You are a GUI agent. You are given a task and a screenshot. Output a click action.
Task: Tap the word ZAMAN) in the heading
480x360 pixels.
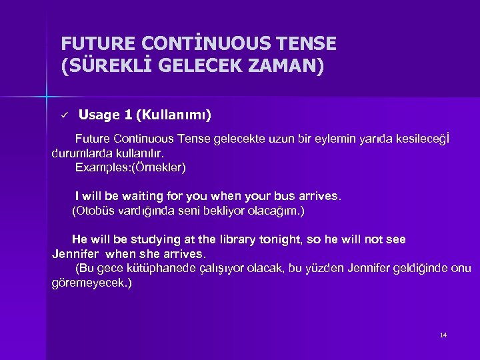[x=288, y=67]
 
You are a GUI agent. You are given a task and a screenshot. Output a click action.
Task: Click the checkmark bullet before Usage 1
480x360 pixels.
[x=64, y=116]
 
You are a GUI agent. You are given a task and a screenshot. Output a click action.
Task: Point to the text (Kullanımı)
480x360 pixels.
[x=173, y=115]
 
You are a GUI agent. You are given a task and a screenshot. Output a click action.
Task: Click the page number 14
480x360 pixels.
[x=443, y=335]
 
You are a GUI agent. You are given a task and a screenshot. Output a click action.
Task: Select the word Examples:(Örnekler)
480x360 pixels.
[x=131, y=167]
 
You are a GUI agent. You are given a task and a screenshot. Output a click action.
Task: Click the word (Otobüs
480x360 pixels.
[x=93, y=211]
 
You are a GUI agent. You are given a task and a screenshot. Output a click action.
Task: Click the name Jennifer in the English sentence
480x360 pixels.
[x=76, y=254]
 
